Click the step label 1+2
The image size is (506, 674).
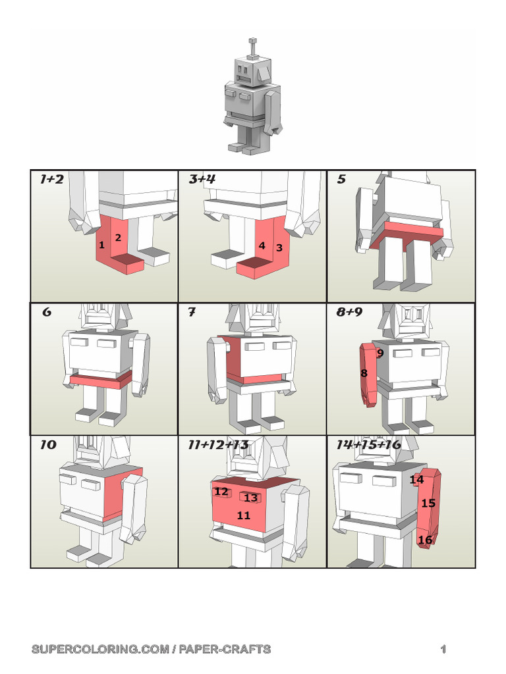coord(51,179)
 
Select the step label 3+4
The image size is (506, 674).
coord(202,179)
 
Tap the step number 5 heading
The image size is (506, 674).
coord(341,179)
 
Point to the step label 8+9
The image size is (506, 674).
coord(349,312)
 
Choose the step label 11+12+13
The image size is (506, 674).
coord(218,445)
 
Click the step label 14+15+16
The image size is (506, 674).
coord(368,445)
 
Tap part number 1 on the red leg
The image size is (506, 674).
coord(101,245)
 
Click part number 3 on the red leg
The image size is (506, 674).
coord(279,248)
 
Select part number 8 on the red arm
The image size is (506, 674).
coord(364,373)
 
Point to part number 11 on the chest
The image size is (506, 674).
coord(244,515)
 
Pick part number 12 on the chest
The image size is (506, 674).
coord(221,492)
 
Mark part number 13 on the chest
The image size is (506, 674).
coord(251,498)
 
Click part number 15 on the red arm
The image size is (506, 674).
coord(428,504)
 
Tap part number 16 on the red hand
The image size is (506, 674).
coord(426,540)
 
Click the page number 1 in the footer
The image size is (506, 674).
coord(444,650)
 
